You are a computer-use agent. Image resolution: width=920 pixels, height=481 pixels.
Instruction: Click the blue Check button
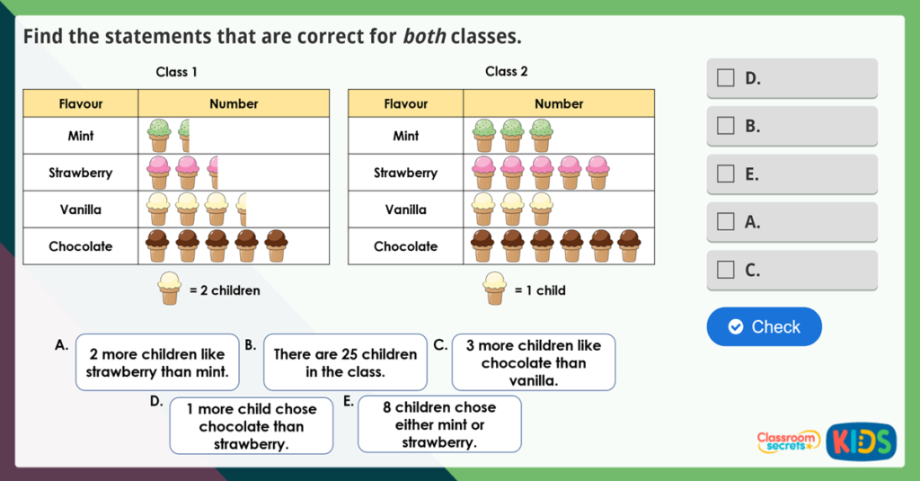[764, 326]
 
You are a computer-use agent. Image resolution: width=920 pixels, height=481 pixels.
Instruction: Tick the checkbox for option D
[725, 78]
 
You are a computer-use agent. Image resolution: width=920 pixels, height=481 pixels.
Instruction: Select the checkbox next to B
[725, 126]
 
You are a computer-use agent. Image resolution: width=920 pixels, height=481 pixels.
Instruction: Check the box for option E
[725, 174]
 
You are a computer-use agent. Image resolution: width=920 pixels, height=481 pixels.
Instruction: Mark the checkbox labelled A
[725, 221]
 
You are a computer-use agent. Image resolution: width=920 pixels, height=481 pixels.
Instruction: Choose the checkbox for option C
[725, 269]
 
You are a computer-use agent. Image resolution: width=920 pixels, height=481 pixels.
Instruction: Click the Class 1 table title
[176, 72]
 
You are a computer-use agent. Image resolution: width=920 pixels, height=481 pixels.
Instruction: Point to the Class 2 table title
[507, 71]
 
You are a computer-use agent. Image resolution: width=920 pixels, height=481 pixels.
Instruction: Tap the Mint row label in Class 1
[81, 136]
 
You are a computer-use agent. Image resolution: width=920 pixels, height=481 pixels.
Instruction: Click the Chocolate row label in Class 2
[405, 246]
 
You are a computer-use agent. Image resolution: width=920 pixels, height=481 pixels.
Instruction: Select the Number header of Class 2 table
[559, 103]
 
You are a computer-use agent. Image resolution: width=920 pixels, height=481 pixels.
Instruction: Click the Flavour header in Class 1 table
[81, 103]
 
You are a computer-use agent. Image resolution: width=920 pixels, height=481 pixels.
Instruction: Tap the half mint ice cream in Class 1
[184, 136]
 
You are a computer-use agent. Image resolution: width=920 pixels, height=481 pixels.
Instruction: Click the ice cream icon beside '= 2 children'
[169, 289]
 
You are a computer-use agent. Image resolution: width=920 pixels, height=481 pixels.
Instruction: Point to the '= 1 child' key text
[540, 290]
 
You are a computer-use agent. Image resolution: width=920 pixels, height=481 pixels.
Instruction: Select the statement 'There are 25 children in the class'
[345, 362]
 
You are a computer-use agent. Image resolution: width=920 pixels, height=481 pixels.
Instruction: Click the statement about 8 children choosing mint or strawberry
[439, 424]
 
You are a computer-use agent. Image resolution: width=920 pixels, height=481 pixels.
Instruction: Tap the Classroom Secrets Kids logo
[826, 441]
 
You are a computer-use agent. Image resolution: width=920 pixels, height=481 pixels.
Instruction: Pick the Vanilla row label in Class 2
[405, 209]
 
